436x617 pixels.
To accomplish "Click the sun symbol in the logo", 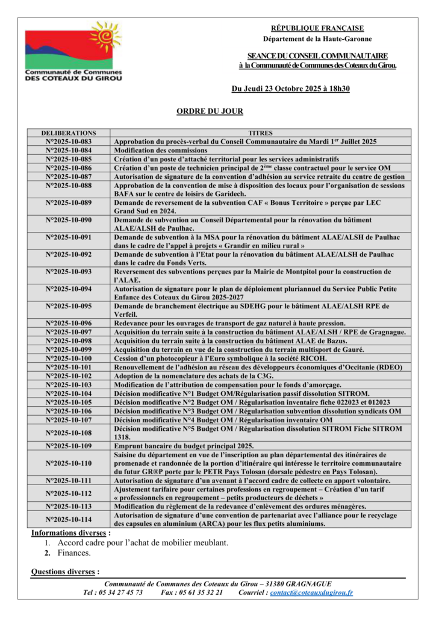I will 104,38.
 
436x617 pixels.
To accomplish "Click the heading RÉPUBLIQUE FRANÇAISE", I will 317,28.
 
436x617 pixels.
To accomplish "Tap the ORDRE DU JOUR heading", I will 210,111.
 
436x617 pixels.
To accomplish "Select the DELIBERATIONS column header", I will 68,133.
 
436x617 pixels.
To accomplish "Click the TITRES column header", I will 260,133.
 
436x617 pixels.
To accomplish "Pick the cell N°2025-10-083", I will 68,141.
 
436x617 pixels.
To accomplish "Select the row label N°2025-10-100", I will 68,358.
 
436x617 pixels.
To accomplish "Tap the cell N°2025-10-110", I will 68,463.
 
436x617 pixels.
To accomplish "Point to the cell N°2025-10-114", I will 68,519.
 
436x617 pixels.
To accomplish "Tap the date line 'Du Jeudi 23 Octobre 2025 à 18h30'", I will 291,89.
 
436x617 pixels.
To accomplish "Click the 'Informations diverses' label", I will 70,533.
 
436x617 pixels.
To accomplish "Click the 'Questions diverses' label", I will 65,572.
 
